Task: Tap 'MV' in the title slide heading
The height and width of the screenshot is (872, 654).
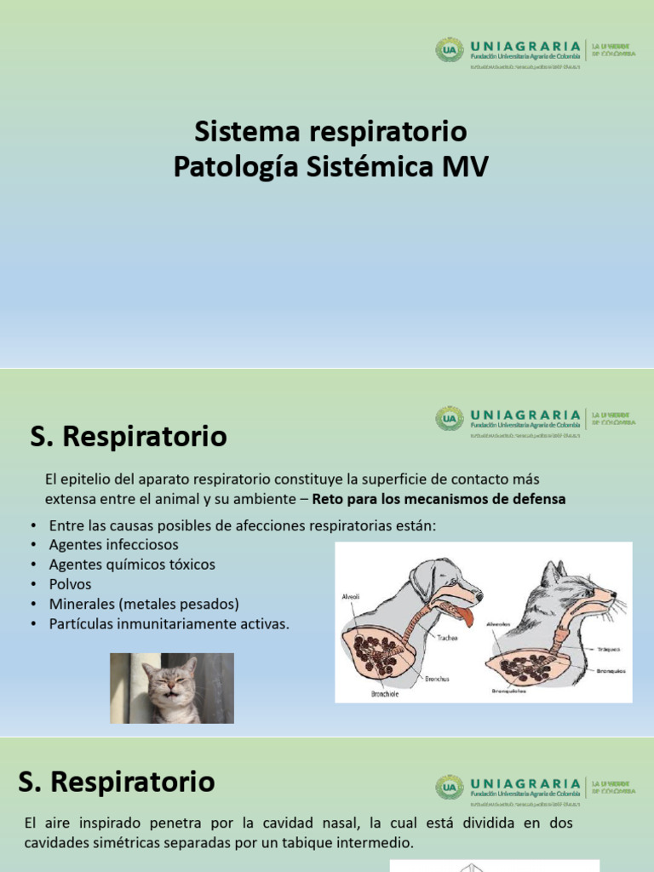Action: (x=464, y=167)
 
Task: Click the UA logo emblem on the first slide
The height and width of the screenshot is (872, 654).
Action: (x=450, y=49)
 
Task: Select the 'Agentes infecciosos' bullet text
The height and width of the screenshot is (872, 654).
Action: (x=114, y=544)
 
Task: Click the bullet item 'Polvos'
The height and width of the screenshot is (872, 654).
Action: (x=70, y=584)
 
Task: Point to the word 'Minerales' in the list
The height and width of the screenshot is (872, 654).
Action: (x=83, y=604)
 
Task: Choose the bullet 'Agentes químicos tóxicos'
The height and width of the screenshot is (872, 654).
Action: (x=132, y=564)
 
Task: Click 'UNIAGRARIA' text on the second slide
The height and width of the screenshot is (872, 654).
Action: (x=525, y=414)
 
